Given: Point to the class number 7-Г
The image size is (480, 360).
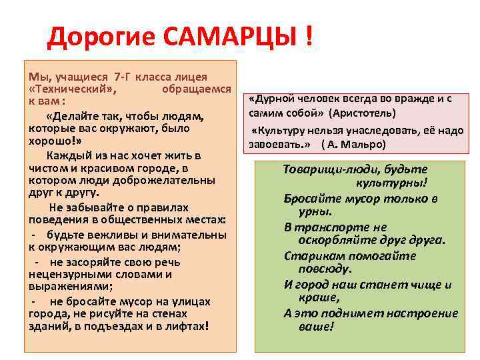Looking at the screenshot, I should (125, 75).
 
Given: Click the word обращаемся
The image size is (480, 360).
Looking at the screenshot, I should (197, 88).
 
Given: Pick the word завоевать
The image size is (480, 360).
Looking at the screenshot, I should (276, 144).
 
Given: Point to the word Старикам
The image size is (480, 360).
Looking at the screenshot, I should (309, 256).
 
